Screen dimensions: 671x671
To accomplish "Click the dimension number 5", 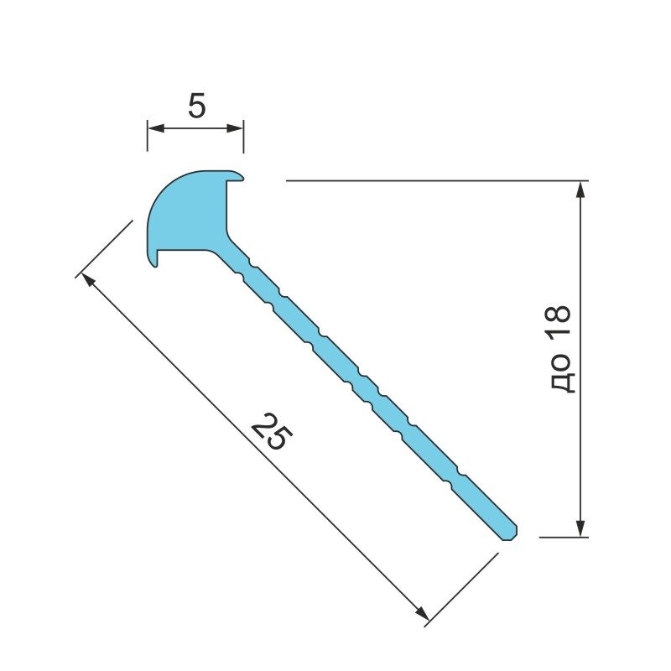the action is coord(197,106).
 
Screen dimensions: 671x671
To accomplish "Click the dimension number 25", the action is coord(272,431).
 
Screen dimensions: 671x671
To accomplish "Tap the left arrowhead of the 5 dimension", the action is coord(156,128).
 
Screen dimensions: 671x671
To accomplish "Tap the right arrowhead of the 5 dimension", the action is coord(235,128).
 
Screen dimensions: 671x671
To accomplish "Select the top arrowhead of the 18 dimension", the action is coord(580,190).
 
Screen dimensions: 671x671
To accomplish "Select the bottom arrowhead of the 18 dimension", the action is coord(580,528).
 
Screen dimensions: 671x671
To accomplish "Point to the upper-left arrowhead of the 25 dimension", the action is coord(88,279).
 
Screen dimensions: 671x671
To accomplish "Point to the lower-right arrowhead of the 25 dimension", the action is coord(422,613).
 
